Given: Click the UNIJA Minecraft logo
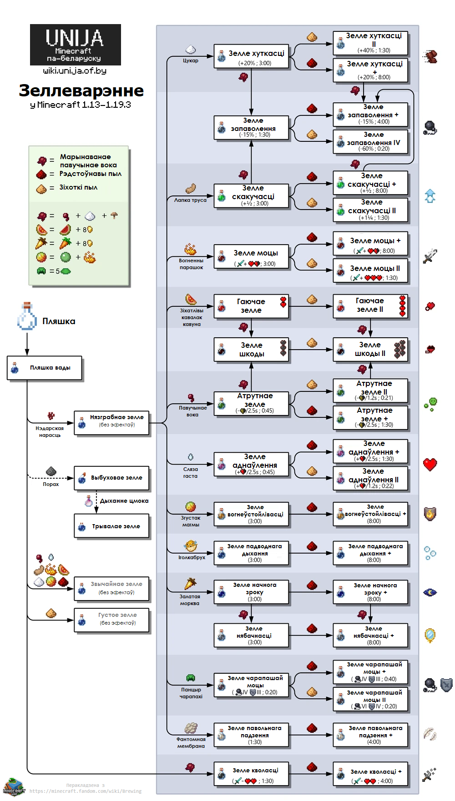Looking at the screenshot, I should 76,45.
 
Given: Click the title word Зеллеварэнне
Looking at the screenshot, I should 81,90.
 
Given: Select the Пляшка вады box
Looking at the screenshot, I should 45,368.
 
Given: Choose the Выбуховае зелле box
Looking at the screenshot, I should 112,478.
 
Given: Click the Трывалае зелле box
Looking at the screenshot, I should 112,526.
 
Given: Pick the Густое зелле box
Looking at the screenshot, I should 112,620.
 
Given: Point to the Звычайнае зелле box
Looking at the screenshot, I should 112,589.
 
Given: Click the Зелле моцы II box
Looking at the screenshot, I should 370,271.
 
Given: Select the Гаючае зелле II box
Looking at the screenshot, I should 370,306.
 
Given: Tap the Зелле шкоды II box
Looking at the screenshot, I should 370,350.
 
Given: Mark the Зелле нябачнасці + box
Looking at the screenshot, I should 370,636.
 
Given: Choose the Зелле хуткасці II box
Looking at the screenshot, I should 370,43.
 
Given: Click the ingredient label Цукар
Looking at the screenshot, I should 191,60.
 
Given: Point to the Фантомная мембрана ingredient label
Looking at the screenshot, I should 191,742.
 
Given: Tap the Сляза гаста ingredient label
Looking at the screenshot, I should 191,473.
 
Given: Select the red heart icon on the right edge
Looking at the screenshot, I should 430,464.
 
